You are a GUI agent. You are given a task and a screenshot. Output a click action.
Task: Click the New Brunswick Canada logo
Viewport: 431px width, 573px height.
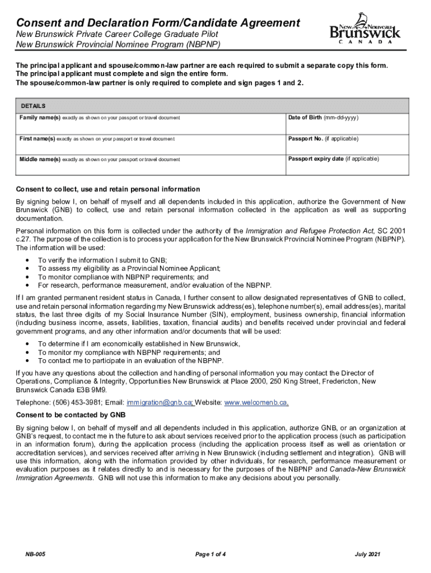[365, 31]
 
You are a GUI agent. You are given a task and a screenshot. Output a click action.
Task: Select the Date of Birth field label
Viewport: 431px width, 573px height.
[323, 118]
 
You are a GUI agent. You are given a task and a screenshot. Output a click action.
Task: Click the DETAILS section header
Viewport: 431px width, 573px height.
[33, 106]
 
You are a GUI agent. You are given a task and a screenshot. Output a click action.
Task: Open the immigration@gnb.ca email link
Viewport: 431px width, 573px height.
[160, 402]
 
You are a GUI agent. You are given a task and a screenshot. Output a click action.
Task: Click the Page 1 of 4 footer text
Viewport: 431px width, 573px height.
[210, 554]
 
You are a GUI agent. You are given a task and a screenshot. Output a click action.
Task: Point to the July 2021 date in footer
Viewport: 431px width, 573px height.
[368, 554]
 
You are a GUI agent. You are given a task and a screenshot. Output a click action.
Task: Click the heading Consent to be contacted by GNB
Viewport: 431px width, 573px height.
[71, 415]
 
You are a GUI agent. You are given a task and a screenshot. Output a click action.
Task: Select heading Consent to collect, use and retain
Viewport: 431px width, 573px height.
[107, 189]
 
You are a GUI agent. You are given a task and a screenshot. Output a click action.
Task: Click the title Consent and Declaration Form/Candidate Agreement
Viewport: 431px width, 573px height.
[158, 23]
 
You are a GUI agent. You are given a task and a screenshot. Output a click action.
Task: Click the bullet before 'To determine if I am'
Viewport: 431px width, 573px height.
[28, 344]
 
